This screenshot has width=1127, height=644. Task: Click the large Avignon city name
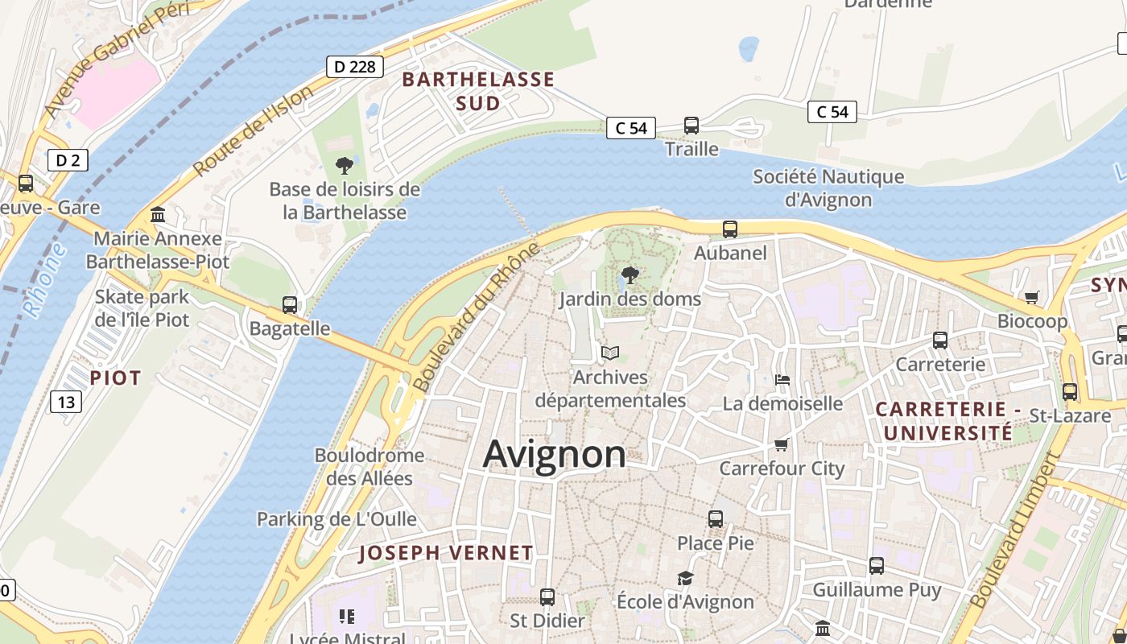tap(554, 455)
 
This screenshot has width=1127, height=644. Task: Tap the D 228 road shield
tap(354, 67)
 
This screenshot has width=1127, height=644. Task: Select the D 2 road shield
tap(67, 160)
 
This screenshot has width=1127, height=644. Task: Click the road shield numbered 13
tap(66, 401)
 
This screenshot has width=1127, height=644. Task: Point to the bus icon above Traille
tap(691, 125)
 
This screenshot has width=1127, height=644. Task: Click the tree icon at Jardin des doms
tap(630, 275)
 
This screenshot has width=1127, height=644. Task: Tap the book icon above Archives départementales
tap(610, 353)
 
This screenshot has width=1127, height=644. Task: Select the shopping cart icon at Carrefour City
tap(780, 444)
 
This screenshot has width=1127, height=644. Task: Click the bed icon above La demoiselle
tap(782, 379)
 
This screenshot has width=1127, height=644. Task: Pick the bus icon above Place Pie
tap(716, 519)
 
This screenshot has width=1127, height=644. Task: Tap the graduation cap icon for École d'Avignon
tap(685, 578)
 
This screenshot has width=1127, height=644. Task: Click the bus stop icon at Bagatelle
tap(290, 305)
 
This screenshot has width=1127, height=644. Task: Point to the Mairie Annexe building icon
tap(158, 215)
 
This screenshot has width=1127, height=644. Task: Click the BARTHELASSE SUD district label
tap(478, 91)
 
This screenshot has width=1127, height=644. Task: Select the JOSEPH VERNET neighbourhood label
tap(445, 553)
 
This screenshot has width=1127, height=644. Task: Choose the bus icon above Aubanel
tap(730, 229)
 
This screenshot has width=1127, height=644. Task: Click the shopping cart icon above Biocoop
tap(1032, 298)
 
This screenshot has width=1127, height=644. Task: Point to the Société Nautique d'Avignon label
tap(828, 188)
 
